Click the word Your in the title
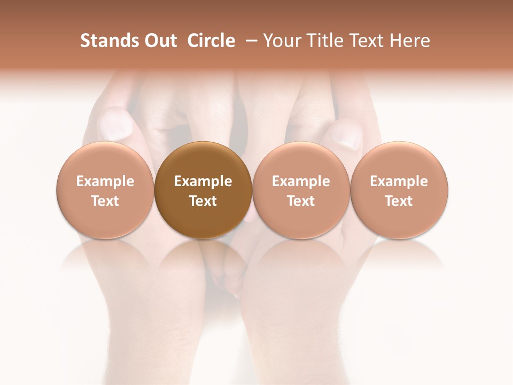280,41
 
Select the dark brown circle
203,190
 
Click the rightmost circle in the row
399,190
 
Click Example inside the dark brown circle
203,181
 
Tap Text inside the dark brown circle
203,201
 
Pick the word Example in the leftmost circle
105,181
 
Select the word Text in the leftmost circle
105,201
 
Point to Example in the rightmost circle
399,181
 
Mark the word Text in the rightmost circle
399,201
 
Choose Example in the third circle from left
301,181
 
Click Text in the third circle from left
301,201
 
